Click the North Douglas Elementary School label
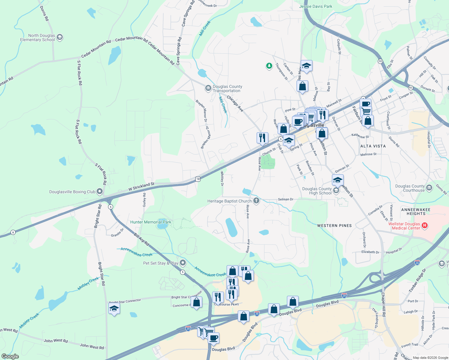pos(38,37)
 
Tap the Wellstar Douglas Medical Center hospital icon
pos(424,225)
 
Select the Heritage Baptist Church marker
pos(256,201)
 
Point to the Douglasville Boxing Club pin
pos(100,191)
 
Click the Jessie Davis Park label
pos(315,6)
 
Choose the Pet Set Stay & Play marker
pos(182,263)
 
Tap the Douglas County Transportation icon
pos(208,88)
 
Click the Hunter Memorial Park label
pos(151,222)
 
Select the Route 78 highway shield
pos(197,179)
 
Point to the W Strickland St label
pos(141,187)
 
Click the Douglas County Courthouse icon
pos(429,188)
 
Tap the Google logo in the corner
pos(10,356)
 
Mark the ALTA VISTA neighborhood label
pos(373,146)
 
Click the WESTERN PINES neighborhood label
pos(334,226)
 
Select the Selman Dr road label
pos(285,199)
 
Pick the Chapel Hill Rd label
pos(383,304)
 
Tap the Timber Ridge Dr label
pos(417,280)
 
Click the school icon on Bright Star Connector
pos(114,308)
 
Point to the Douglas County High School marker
pos(336,191)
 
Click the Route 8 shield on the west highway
pos(13,232)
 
